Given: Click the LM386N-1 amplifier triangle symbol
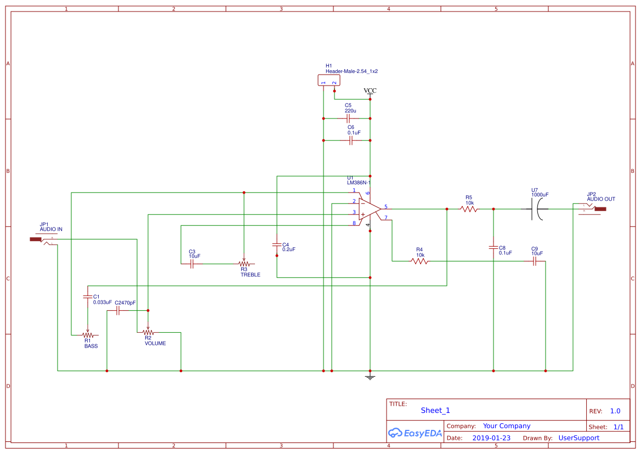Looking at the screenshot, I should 369,208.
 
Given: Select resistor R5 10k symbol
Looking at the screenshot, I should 469,209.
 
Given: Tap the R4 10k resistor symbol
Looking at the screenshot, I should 419,262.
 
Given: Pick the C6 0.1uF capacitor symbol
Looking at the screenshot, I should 351,140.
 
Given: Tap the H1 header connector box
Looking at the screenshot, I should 329,81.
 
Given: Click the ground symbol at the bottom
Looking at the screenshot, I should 370,377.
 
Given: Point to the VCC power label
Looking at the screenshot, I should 370,90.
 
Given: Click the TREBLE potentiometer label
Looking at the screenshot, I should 250,275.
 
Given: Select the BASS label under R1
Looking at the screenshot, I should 91,346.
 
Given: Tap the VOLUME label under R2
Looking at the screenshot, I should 155,343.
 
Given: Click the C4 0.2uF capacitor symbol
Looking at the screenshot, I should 277,245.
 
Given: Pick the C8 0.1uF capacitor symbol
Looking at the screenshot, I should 493,248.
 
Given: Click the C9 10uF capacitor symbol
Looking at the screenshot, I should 535,262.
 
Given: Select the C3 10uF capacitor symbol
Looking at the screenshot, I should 192,264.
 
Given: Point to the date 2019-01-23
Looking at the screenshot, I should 491,438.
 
